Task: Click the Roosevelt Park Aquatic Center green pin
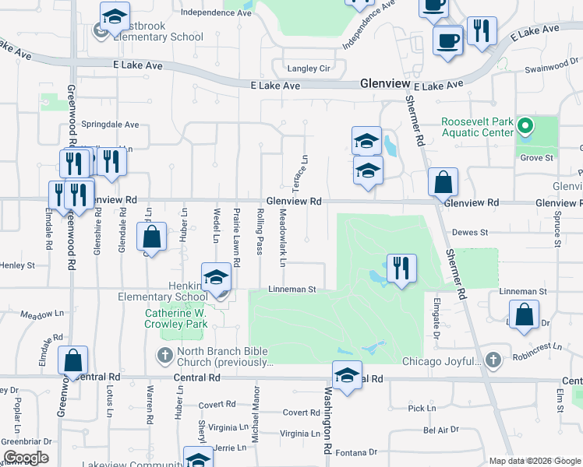(525, 126)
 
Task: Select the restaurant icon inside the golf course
(401, 269)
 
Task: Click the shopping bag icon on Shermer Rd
(443, 182)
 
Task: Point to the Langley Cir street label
(309, 68)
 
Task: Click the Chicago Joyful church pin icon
(492, 360)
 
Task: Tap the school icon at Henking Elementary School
(215, 278)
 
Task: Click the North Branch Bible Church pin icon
(164, 356)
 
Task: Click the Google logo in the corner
(25, 458)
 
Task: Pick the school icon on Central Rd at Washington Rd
(347, 375)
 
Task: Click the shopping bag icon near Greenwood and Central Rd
(72, 360)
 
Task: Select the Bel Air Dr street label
(441, 430)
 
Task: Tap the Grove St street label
(536, 157)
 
